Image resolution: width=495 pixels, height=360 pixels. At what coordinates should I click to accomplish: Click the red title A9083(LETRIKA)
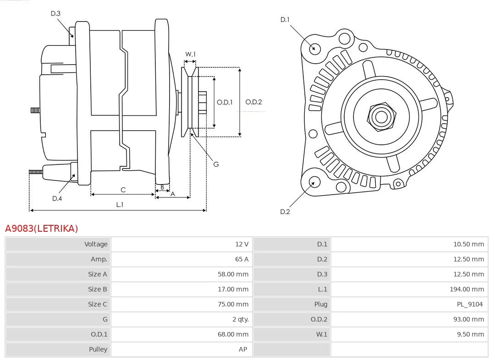tap(42, 229)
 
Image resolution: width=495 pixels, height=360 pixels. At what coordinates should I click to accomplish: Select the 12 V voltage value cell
tap(242, 244)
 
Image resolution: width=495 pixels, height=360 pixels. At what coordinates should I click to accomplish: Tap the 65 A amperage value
tap(242, 259)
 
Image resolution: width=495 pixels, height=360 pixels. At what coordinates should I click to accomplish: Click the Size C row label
tap(98, 304)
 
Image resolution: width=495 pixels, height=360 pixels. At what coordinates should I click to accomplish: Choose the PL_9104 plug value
tap(470, 304)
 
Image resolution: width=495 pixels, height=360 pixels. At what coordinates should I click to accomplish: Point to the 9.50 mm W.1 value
tap(470, 334)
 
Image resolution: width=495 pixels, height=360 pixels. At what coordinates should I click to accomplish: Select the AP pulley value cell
tap(243, 349)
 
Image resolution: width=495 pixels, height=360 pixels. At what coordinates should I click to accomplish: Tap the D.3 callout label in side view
tap(55, 14)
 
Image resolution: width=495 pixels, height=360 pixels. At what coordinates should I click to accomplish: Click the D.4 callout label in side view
tap(57, 198)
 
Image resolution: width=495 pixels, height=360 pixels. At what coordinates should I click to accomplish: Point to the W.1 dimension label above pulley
tap(190, 55)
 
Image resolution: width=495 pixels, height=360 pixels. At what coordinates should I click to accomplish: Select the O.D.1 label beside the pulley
tap(225, 102)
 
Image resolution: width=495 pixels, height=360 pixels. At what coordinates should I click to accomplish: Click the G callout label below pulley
tap(216, 164)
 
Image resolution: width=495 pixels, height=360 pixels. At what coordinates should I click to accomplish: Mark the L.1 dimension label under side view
tap(119, 205)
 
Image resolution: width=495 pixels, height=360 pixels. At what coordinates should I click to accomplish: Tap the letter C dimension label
tap(123, 190)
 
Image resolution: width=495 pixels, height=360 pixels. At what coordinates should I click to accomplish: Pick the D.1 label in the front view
tap(285, 20)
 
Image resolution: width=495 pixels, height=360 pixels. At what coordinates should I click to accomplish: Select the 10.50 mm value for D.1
tap(468, 244)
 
